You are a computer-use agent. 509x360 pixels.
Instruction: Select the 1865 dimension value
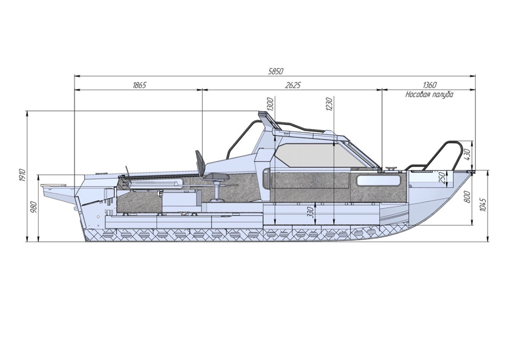click(x=140, y=85)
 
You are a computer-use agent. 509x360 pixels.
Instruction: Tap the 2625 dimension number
click(x=294, y=85)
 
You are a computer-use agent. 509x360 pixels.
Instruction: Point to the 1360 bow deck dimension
click(x=430, y=85)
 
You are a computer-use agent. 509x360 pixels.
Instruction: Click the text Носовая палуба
click(x=429, y=95)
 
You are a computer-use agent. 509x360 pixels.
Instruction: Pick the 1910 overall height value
click(x=22, y=176)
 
